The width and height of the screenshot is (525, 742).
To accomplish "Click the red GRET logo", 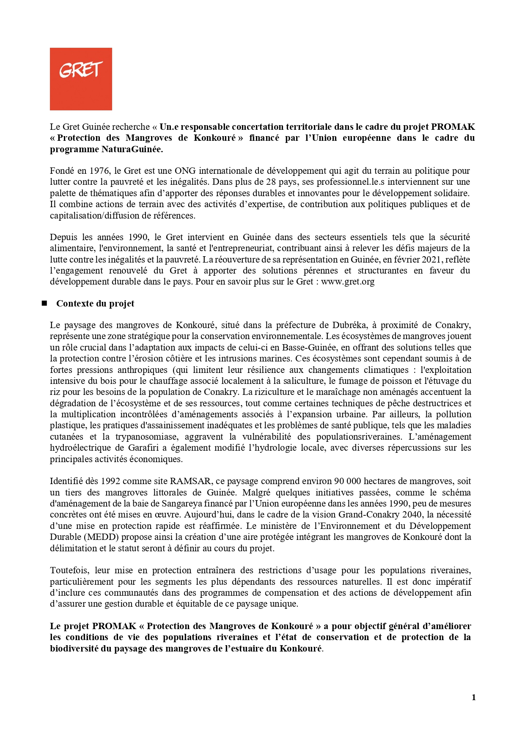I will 81,79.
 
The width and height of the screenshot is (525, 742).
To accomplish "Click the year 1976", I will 100,171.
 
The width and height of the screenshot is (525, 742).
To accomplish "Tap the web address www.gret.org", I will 348,282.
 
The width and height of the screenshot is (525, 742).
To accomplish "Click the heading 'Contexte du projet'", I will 95,304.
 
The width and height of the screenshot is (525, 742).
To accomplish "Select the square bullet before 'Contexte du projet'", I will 44,303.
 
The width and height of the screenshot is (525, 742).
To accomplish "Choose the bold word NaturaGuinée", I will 132,149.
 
